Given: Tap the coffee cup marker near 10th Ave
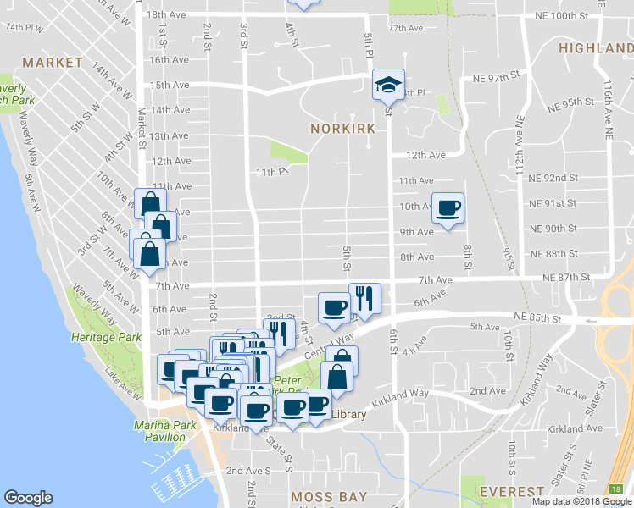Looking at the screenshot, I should pos(448,207).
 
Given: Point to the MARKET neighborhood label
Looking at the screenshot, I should pos(53,63).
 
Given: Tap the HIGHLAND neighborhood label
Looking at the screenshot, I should pos(596,48).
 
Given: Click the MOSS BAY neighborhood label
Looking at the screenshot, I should pos(328,496).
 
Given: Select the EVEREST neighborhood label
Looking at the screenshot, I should pos(511,492).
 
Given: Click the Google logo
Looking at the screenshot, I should pos(28,498).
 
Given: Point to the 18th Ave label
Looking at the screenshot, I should pos(166,15).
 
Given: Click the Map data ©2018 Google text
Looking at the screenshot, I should pos(581,501).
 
